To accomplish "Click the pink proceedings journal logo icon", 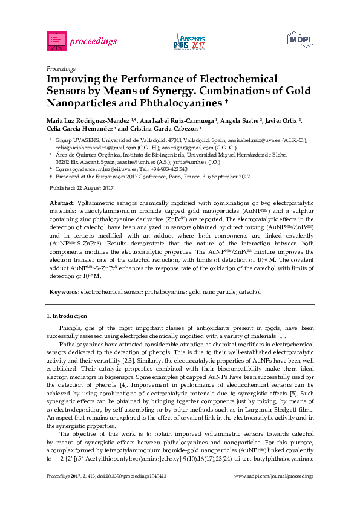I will (56, 41).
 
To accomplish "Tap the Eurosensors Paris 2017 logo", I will (189, 41).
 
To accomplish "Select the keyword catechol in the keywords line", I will (249, 292).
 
